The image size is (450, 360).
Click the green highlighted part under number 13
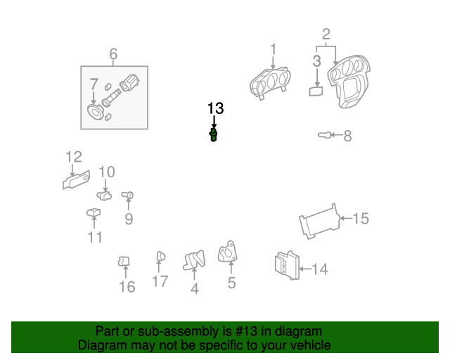[213, 135]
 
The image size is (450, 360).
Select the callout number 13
[215, 108]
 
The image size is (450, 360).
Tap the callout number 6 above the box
[113, 54]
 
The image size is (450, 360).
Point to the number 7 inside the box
[94, 84]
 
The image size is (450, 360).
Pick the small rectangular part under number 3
[316, 91]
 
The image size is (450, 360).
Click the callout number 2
[326, 34]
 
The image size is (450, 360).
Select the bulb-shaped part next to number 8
[323, 134]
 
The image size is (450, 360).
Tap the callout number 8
[347, 136]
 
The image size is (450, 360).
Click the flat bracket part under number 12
[76, 180]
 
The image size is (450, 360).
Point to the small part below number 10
[104, 195]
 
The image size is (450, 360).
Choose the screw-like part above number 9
[127, 195]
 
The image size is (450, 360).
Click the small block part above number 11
[94, 213]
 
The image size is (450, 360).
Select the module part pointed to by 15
[319, 221]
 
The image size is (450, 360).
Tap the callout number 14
[320, 269]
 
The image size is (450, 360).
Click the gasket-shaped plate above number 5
[227, 252]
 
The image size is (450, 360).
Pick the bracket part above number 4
[194, 260]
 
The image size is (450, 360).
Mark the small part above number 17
[160, 256]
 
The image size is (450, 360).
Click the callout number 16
[127, 287]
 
